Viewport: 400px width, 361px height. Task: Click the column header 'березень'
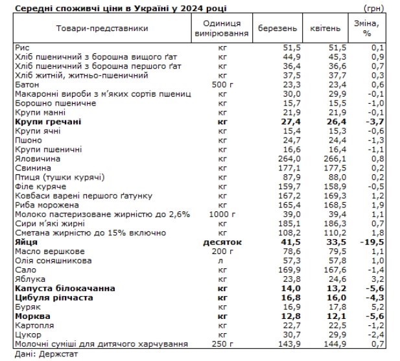pos(277,29)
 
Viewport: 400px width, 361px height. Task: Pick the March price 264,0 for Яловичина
pos(288,157)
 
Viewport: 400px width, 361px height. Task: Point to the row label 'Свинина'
pos(32,167)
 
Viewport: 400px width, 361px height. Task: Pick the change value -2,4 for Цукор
pos(375,334)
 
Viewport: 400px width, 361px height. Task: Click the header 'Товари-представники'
pos(93,29)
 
